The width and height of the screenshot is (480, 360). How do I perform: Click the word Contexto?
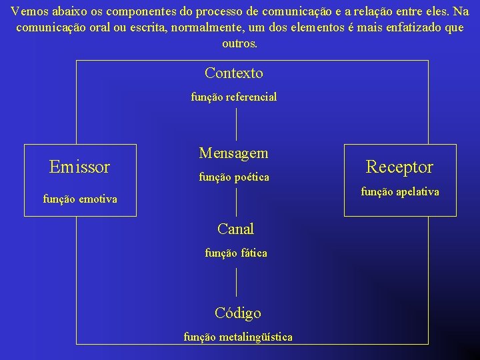click(234, 73)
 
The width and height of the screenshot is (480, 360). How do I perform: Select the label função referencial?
click(234, 97)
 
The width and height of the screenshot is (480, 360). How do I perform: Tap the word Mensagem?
click(233, 153)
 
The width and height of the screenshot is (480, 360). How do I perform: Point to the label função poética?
click(233, 177)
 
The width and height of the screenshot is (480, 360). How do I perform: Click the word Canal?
click(235, 229)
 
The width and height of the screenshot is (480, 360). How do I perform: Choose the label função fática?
click(235, 253)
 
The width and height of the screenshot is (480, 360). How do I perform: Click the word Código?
click(238, 313)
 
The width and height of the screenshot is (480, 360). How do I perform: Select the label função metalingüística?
click(238, 337)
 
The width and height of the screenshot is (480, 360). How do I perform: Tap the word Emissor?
click(79, 167)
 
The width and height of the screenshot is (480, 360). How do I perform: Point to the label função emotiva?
click(79, 199)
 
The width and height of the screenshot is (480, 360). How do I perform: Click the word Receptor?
click(399, 167)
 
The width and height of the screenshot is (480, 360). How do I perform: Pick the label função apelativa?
click(400, 192)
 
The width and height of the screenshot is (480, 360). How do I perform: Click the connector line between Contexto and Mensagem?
click(237, 123)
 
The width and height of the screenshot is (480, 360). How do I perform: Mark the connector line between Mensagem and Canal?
click(237, 202)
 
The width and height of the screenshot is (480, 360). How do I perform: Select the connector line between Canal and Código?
click(237, 281)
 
